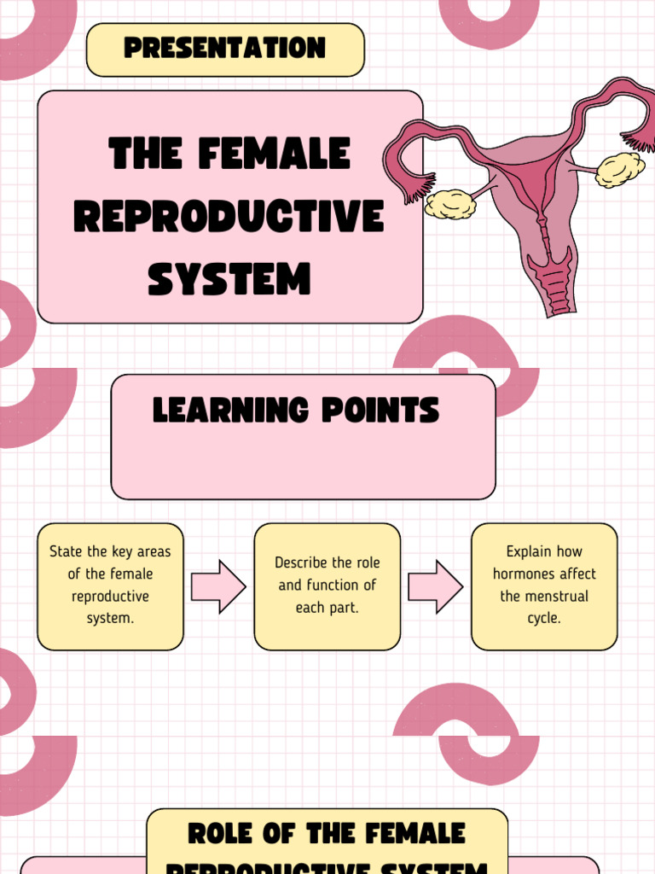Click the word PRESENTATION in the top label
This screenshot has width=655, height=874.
[225, 49]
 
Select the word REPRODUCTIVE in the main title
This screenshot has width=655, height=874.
[229, 217]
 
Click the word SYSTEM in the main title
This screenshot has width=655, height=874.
[229, 279]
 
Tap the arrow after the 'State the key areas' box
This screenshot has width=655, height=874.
[218, 586]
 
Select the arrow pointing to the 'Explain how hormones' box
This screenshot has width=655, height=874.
[435, 586]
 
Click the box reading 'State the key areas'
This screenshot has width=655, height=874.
[110, 586]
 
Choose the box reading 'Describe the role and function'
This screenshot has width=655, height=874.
[327, 586]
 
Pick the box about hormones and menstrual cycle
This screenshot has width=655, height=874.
[544, 586]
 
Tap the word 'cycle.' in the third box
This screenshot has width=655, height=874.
[544, 618]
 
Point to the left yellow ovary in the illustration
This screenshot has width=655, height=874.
[449, 204]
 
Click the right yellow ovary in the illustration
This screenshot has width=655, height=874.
[619, 169]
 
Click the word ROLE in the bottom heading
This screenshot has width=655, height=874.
[224, 834]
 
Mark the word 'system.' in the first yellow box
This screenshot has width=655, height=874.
[110, 618]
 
